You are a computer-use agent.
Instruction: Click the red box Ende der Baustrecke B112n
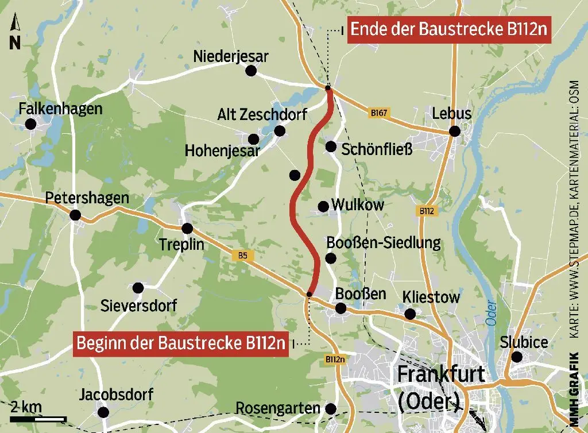click(x=448, y=29)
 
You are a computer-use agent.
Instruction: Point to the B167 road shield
click(x=378, y=113)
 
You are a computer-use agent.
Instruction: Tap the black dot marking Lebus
click(x=455, y=132)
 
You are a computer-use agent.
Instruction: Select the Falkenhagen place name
click(x=60, y=109)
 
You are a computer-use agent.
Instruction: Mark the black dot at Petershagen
click(x=75, y=216)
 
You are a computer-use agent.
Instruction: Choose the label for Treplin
click(x=181, y=245)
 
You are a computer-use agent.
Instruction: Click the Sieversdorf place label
click(x=138, y=305)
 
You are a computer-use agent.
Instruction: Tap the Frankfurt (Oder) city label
click(x=440, y=386)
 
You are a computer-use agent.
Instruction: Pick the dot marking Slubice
click(x=517, y=357)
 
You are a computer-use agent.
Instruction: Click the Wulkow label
click(x=358, y=205)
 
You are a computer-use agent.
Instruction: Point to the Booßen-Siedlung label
click(x=383, y=243)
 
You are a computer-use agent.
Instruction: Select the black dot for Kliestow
click(x=410, y=314)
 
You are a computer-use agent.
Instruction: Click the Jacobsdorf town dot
click(x=103, y=412)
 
